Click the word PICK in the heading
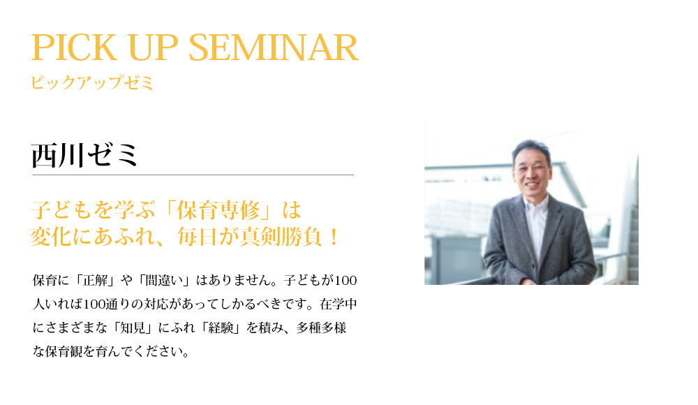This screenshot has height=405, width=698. pos(74,47)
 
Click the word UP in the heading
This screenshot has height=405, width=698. pos(153,47)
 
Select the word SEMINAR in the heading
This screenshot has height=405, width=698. pos(274,47)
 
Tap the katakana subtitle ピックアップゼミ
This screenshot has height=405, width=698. pos(92,83)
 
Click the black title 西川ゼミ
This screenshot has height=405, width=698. pos(84,156)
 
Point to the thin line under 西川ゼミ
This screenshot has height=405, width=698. pos(193,175)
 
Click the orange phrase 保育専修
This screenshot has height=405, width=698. pos(218,210)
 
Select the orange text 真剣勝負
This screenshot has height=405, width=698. pos(281,237)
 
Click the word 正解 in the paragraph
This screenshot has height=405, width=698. pos(95,280)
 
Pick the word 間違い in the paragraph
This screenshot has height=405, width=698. pos(164,280)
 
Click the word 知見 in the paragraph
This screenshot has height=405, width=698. pos(132,328)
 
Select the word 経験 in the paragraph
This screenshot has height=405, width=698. pos(221,328)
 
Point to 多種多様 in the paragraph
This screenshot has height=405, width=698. pos(321,328)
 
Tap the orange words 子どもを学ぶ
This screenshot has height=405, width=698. pos(94,210)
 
